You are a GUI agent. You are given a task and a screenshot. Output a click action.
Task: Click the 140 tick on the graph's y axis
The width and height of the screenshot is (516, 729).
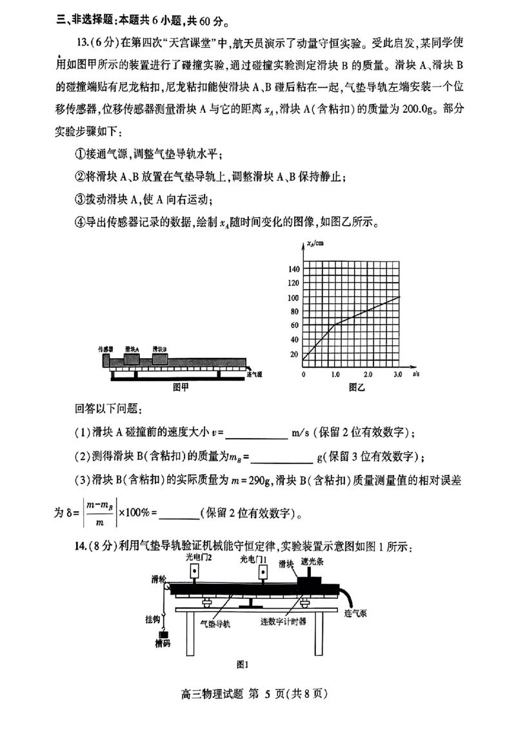pyautogui.click(x=294, y=269)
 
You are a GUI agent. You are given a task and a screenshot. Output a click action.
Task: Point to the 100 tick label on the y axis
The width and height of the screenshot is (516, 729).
pyautogui.click(x=294, y=297)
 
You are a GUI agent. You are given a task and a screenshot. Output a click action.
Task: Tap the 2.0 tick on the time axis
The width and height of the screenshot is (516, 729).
pyautogui.click(x=367, y=374)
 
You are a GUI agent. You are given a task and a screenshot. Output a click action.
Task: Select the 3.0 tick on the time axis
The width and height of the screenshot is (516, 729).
pyautogui.click(x=398, y=374)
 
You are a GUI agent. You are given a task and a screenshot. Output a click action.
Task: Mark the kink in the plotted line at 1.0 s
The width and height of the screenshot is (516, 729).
pyautogui.click(x=335, y=325)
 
